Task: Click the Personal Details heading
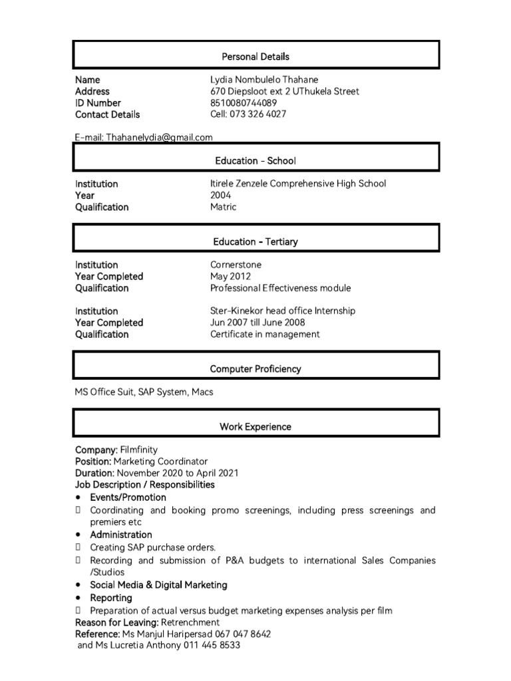(255, 57)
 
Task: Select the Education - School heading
(255, 160)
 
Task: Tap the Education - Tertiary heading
(255, 241)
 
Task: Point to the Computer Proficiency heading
(255, 368)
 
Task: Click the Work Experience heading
(255, 426)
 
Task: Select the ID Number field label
(98, 103)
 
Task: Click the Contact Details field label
(107, 114)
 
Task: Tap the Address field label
(92, 91)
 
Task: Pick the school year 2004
(220, 196)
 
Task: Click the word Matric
(223, 207)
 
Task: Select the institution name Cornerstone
(236, 265)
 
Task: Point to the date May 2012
(231, 276)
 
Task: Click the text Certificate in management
(265, 334)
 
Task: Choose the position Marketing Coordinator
(160, 461)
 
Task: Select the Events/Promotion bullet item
(128, 497)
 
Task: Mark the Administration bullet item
(121, 535)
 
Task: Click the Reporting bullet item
(111, 598)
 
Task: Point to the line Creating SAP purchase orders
(153, 547)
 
